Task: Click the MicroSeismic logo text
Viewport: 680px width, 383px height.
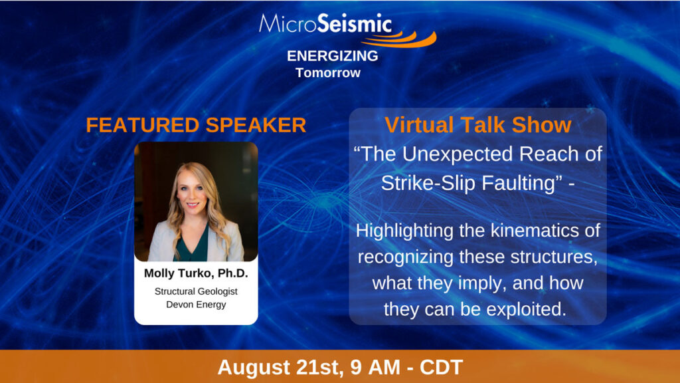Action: click(x=325, y=23)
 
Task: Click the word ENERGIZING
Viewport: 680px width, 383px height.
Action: click(x=333, y=56)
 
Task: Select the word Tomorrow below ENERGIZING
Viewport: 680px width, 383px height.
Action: click(x=328, y=72)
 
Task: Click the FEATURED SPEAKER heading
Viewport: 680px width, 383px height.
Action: click(x=196, y=125)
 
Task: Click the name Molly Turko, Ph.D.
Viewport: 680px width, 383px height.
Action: click(x=196, y=273)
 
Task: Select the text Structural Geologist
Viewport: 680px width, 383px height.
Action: click(x=196, y=291)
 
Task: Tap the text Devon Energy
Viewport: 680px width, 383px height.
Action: click(x=196, y=305)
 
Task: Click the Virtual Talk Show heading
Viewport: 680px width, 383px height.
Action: click(x=477, y=125)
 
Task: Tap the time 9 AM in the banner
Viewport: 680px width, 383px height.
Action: click(x=375, y=367)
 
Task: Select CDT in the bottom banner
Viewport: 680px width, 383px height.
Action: click(x=441, y=367)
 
